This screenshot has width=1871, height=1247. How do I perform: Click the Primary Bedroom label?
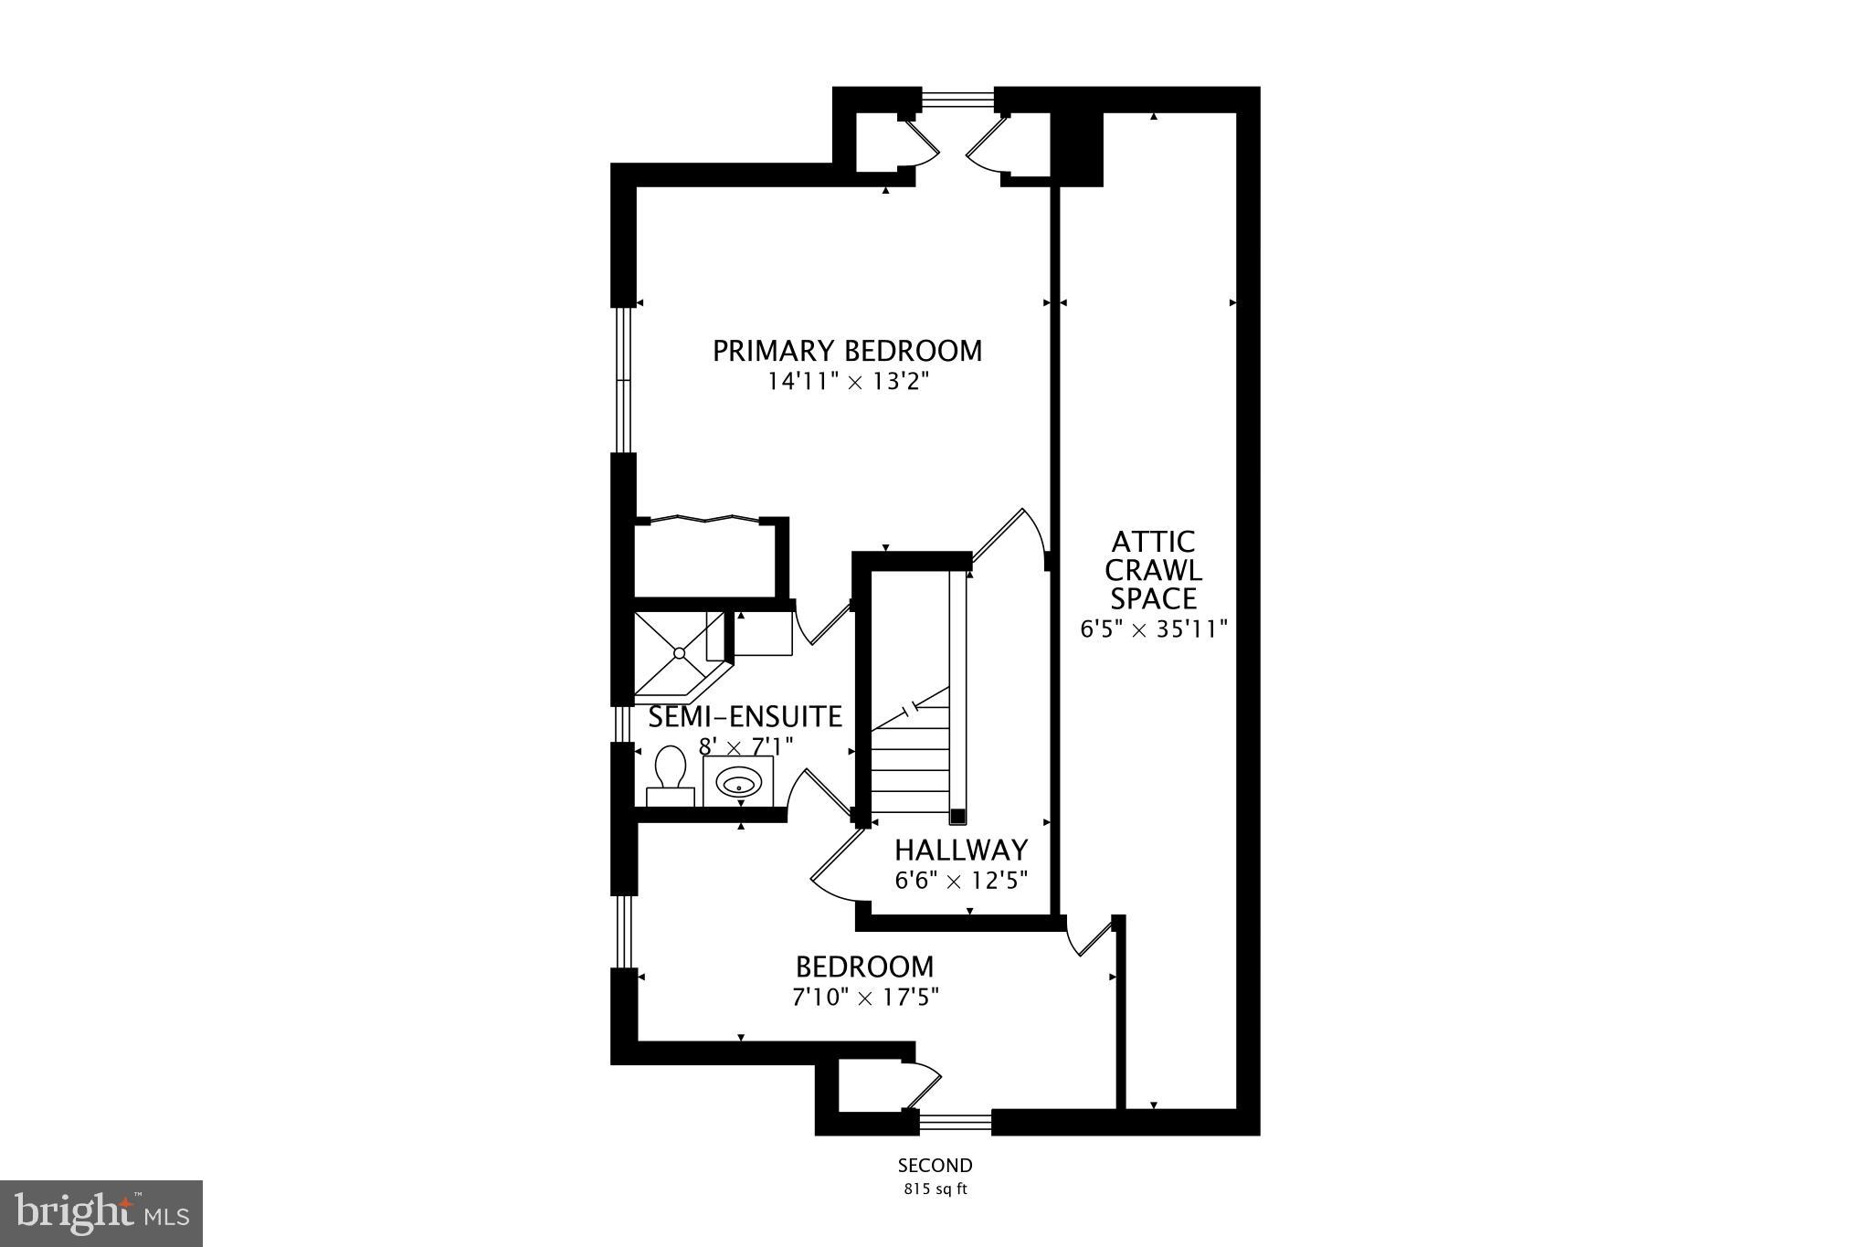(x=847, y=351)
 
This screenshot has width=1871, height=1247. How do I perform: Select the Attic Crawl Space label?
(x=1153, y=570)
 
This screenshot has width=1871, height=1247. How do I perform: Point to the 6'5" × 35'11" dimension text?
(x=1153, y=629)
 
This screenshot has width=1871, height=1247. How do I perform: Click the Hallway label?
(x=960, y=851)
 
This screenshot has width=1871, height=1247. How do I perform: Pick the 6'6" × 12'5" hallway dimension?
(x=960, y=881)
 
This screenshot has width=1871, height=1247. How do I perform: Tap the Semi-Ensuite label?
(x=745, y=717)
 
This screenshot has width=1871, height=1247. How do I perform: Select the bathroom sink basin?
(x=738, y=783)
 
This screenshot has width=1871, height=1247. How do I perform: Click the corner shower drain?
(x=679, y=652)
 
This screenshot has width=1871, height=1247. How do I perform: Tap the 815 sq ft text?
(x=935, y=1189)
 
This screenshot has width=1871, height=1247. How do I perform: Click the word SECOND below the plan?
(x=935, y=1166)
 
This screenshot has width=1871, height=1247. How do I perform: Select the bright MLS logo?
(x=101, y=1213)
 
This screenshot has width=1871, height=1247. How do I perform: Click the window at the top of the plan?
(x=957, y=99)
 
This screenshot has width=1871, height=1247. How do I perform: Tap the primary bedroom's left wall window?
(x=623, y=379)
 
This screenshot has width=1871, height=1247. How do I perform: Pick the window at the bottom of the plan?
(x=955, y=1121)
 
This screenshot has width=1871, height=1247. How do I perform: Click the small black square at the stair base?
(x=957, y=816)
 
